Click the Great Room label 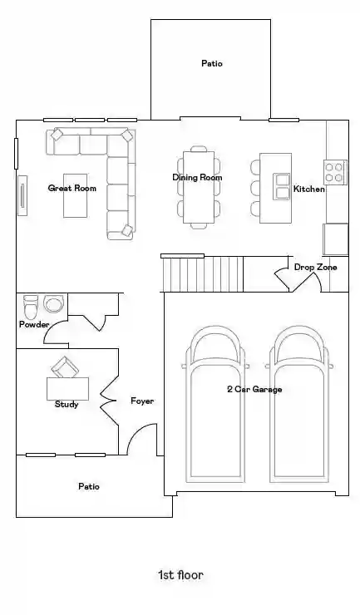(72, 189)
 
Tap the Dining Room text (197, 177)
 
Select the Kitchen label (309, 189)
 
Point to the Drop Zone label (315, 267)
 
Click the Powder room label (34, 324)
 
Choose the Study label (67, 405)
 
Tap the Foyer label (142, 401)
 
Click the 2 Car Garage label (254, 390)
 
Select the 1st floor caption (180, 575)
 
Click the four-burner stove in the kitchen (335, 172)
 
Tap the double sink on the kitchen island (282, 186)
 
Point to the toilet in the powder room (30, 307)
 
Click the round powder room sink (54, 303)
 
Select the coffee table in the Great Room (76, 195)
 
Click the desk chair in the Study (65, 367)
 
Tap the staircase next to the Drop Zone (202, 274)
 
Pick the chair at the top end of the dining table (199, 149)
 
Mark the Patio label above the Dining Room (212, 63)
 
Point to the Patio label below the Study (89, 486)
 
